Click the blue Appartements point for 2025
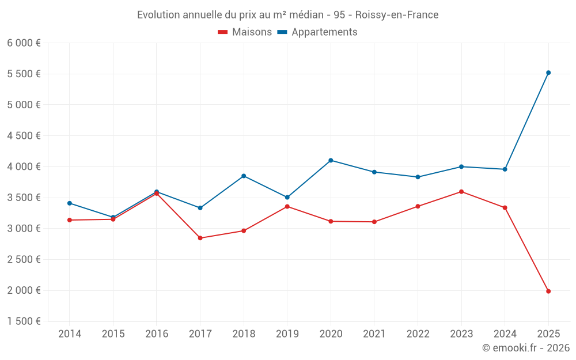coord(548,73)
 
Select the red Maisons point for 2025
coord(548,291)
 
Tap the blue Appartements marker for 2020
coord(331,160)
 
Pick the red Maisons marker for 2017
coord(200,238)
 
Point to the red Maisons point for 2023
coord(461,192)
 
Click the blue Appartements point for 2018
coord(244,176)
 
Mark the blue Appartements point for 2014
coord(70,203)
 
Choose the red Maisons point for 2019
coord(287,206)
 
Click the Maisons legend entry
coord(245,32)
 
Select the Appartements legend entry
coord(317,32)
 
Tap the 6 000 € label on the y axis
coord(24,43)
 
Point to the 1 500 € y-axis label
coord(24,321)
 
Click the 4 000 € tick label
coord(24,167)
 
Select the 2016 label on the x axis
coord(157,334)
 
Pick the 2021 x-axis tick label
coord(374,334)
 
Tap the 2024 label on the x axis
coord(505,334)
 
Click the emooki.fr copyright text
coord(525,348)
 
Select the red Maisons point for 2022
coord(418,206)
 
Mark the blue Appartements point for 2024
coord(505,169)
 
